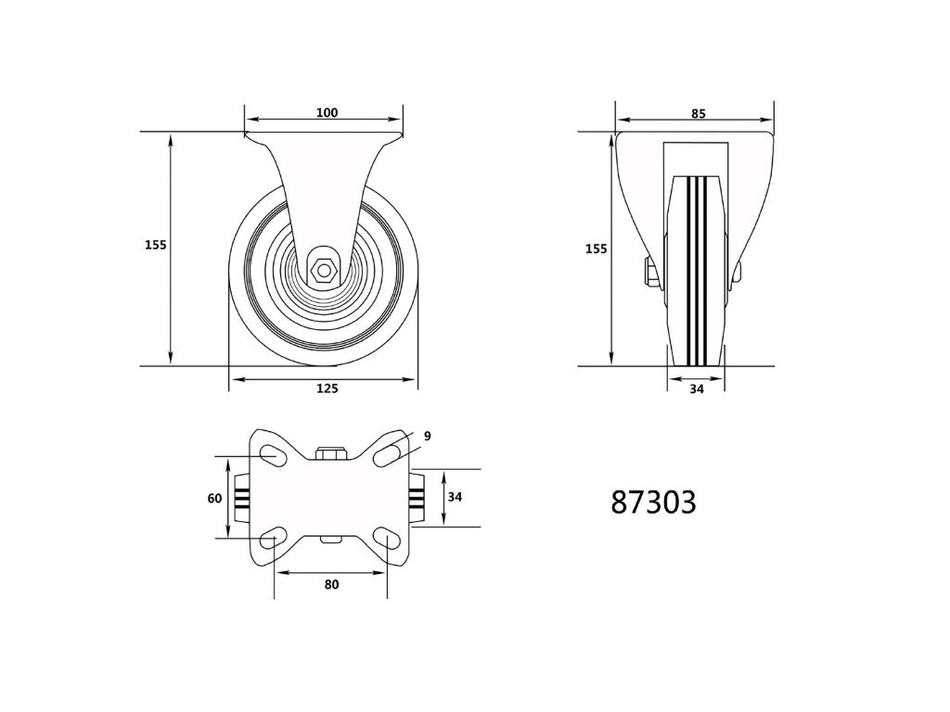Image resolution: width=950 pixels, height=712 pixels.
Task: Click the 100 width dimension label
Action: pyautogui.click(x=327, y=112)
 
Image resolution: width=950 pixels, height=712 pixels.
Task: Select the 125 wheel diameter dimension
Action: pyautogui.click(x=327, y=388)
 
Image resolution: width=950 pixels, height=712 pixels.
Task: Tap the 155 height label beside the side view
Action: pyautogui.click(x=156, y=245)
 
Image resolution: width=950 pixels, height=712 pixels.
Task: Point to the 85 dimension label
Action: pyautogui.click(x=698, y=113)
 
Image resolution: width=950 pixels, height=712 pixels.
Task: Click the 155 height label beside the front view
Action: pyautogui.click(x=597, y=248)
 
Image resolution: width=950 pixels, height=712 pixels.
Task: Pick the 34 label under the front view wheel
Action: pyautogui.click(x=697, y=389)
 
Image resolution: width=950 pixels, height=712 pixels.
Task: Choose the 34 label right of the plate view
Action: pyautogui.click(x=455, y=497)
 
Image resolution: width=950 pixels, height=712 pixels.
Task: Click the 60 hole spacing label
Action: pyautogui.click(x=215, y=498)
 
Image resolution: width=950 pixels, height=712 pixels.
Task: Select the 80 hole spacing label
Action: pyautogui.click(x=331, y=584)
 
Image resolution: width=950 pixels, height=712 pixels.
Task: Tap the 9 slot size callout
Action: pyautogui.click(x=427, y=436)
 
